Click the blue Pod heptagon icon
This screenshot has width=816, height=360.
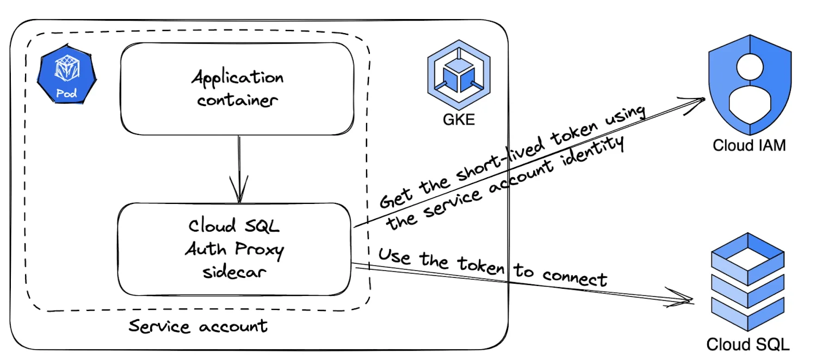click(x=67, y=76)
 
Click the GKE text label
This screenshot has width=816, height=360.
click(x=459, y=119)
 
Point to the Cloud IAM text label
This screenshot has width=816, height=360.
click(x=749, y=146)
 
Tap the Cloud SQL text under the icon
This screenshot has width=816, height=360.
click(x=748, y=344)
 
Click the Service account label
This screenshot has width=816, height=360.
click(x=198, y=326)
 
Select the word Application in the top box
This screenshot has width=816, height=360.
click(x=237, y=77)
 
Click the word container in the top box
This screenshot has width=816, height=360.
click(x=238, y=101)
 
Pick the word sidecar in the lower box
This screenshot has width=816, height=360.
click(x=235, y=272)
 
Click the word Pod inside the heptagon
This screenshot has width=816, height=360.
click(x=67, y=94)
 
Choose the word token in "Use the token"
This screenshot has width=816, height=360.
click(x=482, y=265)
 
